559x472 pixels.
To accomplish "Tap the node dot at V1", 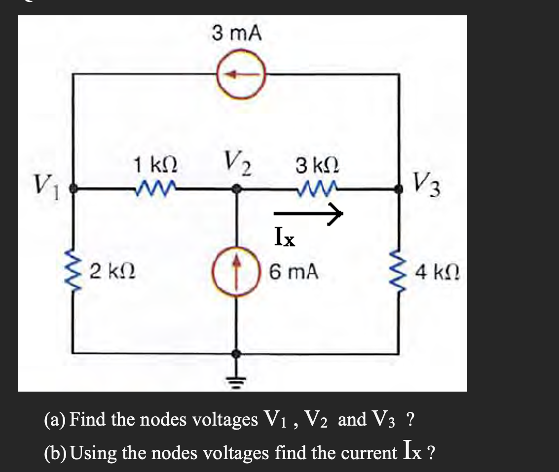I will click(x=74, y=188).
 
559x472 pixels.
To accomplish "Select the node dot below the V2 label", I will click(x=237, y=188).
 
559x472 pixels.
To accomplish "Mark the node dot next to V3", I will click(x=399, y=188).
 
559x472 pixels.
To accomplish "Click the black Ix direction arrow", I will click(x=308, y=213).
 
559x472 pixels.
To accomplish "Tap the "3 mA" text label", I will click(x=237, y=34).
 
